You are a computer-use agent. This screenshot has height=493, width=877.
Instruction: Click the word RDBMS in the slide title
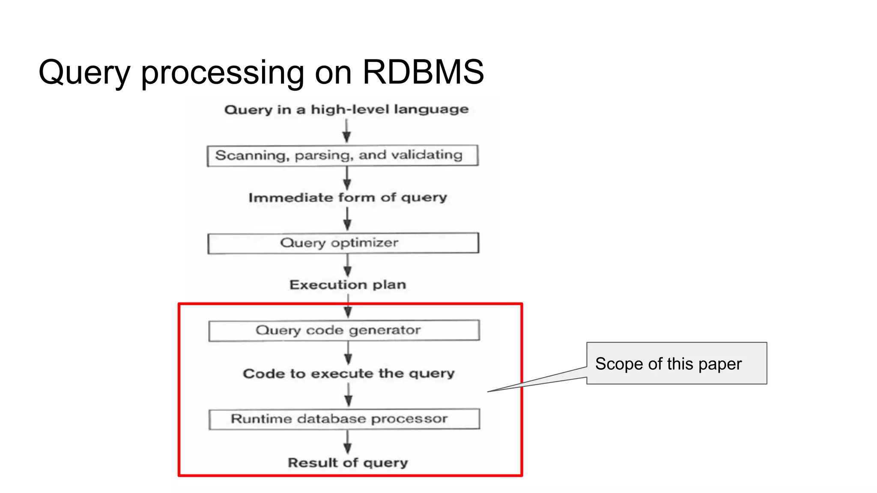click(x=423, y=72)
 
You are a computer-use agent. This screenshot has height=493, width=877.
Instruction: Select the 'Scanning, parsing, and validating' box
click(x=342, y=155)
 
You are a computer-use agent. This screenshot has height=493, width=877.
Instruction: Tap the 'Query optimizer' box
click(x=343, y=243)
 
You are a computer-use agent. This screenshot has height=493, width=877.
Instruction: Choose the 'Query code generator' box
click(x=344, y=330)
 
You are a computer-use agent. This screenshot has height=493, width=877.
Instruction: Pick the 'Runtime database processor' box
click(x=344, y=419)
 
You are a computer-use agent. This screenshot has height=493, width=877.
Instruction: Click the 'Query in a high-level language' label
click(x=346, y=110)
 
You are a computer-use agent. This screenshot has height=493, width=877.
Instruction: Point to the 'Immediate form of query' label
click(x=347, y=198)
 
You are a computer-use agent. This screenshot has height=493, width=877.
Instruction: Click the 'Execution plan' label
click(x=347, y=285)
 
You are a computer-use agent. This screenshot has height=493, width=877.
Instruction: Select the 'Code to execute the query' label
click(x=349, y=374)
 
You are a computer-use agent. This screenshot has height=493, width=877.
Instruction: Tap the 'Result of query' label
click(x=347, y=463)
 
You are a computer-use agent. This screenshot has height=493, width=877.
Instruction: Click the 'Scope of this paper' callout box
click(x=676, y=363)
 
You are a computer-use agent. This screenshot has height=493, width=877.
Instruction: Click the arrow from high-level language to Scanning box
click(x=346, y=131)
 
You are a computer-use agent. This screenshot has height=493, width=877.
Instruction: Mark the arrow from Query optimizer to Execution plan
click(x=347, y=266)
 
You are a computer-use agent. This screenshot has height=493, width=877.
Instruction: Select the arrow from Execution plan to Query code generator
click(x=348, y=307)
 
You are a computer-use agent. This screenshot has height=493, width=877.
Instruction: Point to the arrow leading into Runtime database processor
click(x=349, y=395)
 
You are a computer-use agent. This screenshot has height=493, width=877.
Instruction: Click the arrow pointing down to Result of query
click(x=347, y=442)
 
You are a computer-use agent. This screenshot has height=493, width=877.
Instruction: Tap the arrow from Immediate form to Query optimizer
click(x=347, y=219)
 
